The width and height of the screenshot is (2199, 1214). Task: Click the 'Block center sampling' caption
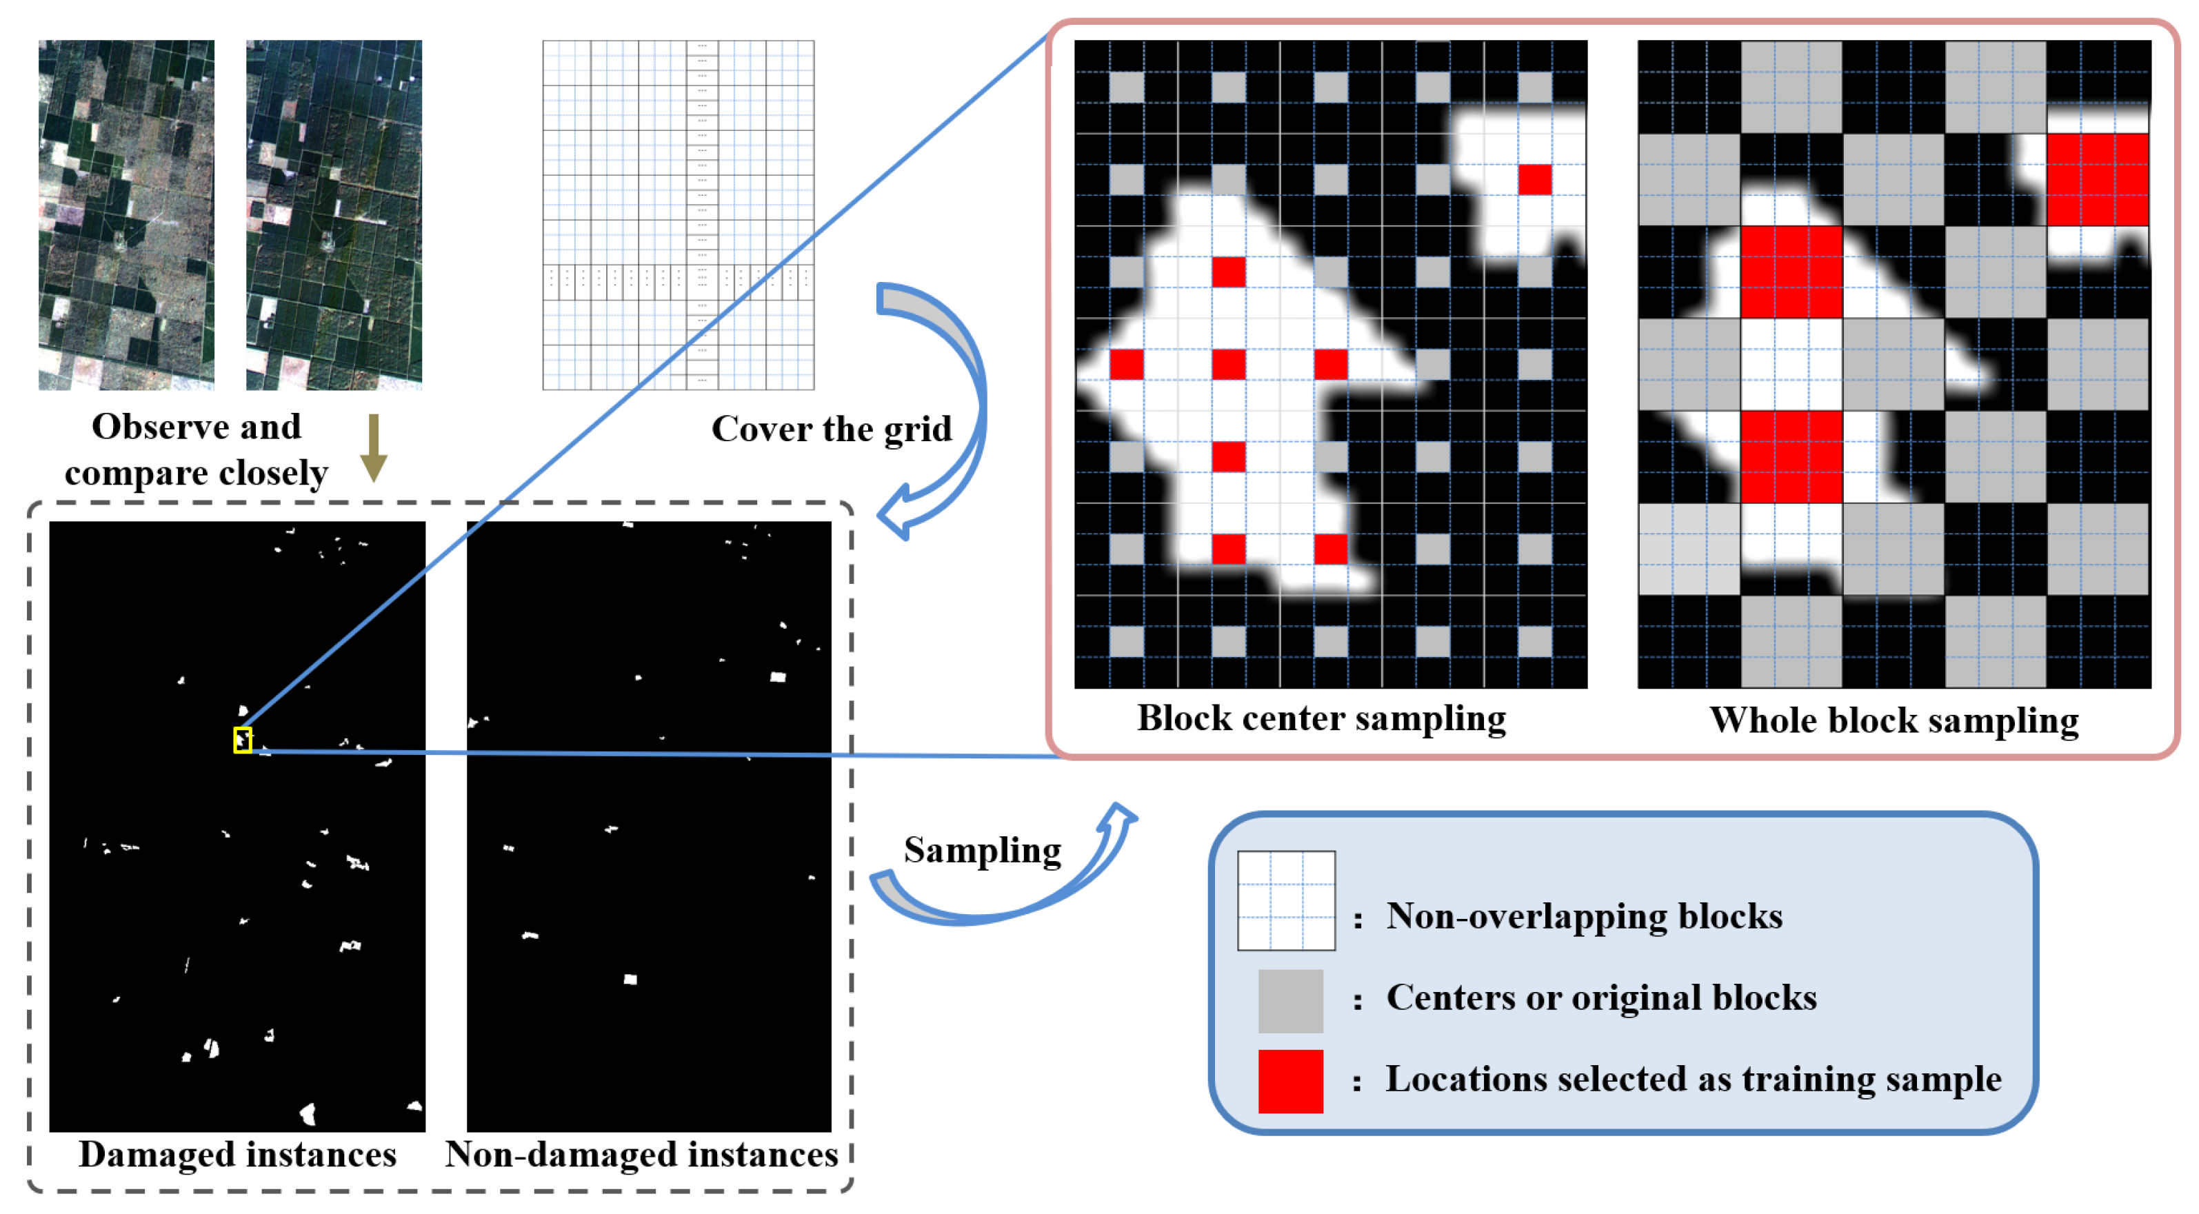coord(1321,718)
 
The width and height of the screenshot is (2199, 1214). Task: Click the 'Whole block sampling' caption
coord(1894,720)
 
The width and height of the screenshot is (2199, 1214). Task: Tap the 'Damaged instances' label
coord(237,1154)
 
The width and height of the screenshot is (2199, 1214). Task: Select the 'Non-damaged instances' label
coord(641,1154)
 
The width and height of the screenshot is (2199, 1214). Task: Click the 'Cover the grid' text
coord(831,429)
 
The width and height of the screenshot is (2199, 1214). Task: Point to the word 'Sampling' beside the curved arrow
coord(982,850)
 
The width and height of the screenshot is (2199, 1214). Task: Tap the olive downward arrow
coord(373,449)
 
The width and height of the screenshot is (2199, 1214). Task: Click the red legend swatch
coord(1290,1081)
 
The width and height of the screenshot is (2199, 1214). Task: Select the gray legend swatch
coord(1290,1000)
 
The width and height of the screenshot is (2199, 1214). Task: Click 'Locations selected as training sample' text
coord(1693,1079)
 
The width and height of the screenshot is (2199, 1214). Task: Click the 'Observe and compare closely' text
coord(197,449)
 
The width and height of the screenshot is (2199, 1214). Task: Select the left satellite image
coord(126,214)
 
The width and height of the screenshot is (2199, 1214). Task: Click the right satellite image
coord(334,214)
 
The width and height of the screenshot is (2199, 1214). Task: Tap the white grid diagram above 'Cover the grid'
coord(678,214)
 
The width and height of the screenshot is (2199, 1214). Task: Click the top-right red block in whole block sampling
coord(2096,179)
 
